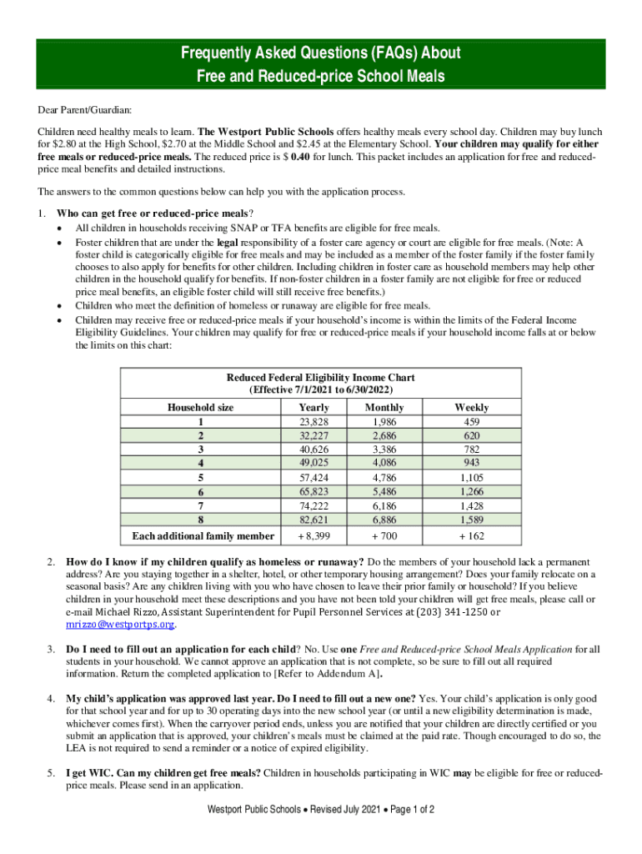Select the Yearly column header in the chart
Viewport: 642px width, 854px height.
(x=313, y=407)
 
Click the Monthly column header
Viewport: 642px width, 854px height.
(x=384, y=407)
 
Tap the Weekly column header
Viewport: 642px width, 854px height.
(x=471, y=407)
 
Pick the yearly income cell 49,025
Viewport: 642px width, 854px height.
(x=313, y=462)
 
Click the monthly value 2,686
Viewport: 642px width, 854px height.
(x=384, y=435)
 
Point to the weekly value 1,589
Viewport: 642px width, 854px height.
(x=471, y=520)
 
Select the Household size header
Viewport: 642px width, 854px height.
(x=201, y=407)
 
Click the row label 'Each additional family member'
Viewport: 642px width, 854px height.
(x=201, y=535)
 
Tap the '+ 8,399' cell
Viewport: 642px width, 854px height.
(x=313, y=535)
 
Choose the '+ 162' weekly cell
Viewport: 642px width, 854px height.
(x=471, y=535)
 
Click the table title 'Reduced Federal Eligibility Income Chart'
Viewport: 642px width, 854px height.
(x=321, y=378)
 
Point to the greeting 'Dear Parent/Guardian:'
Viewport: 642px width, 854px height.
(x=84, y=110)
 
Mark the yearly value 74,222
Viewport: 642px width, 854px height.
(x=313, y=506)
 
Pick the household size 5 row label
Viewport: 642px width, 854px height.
(x=201, y=478)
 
